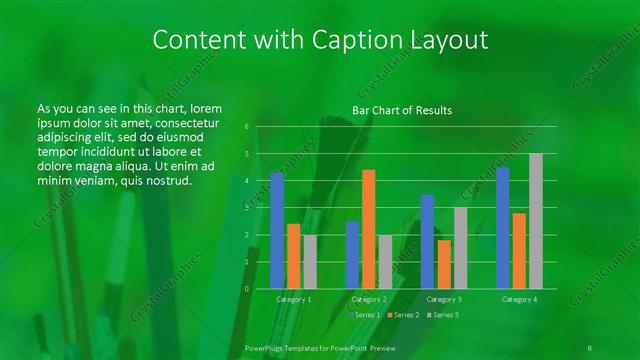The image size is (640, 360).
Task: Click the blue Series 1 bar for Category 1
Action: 277,230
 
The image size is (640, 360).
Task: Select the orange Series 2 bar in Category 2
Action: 369,229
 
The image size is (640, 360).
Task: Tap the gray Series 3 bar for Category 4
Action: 536,221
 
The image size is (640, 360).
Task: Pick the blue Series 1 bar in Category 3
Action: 427,241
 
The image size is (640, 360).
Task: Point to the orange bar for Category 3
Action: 444,264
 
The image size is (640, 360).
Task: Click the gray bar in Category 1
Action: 310,261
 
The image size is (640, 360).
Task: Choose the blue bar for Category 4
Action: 503,227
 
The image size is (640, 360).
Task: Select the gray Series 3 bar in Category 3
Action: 460,248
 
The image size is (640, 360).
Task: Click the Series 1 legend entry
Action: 364,315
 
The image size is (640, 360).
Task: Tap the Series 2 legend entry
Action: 402,315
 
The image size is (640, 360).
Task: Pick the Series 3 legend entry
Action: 442,315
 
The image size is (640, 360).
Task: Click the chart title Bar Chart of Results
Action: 402,110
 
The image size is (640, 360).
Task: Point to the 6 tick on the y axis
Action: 246,127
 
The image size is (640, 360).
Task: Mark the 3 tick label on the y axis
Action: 246,208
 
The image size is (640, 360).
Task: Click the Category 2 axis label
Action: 369,299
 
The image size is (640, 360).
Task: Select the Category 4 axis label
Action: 519,299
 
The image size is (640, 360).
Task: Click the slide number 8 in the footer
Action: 591,346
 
